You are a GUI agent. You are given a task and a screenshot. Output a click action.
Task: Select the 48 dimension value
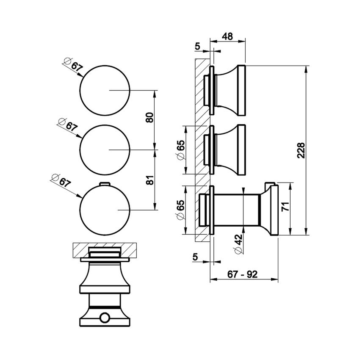(x=227, y=36)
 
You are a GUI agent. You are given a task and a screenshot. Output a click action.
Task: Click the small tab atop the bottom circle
(x=104, y=183)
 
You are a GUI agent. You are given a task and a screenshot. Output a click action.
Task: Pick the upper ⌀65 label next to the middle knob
(x=180, y=150)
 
